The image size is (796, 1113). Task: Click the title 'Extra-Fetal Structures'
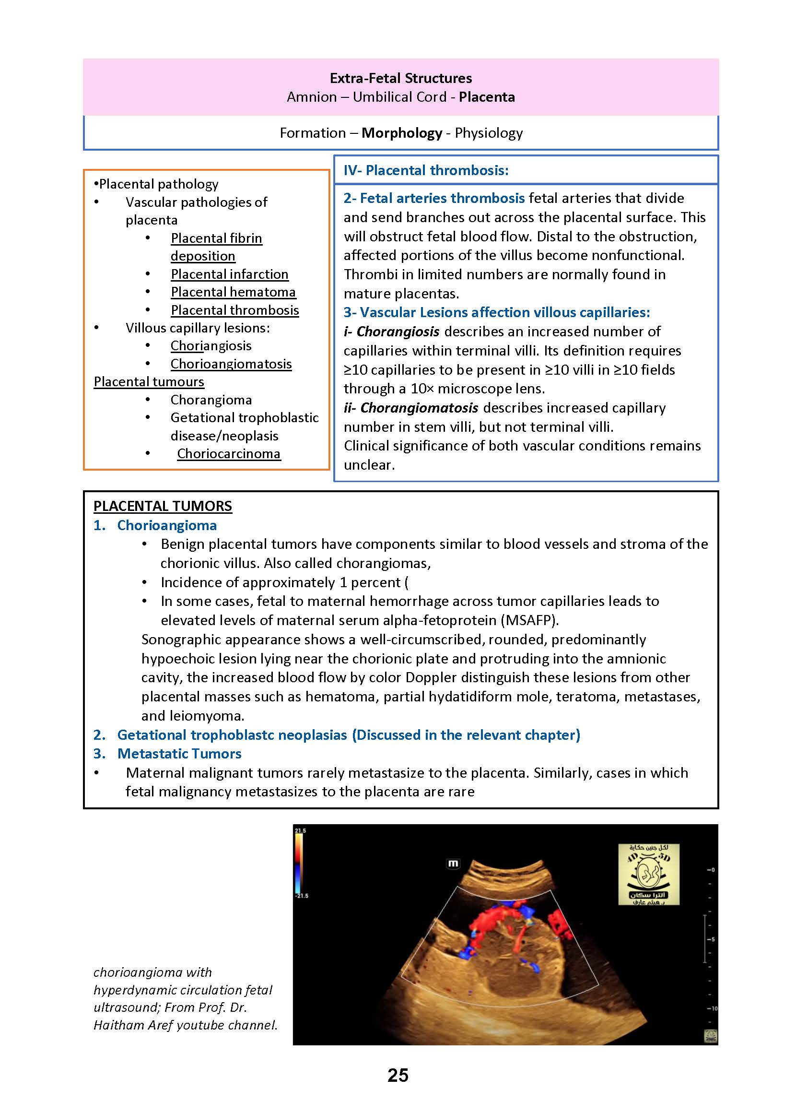point(400,79)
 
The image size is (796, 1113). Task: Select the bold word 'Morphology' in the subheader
point(401,133)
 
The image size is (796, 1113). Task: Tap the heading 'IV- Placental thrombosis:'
point(426,170)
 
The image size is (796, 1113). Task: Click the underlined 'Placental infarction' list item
point(229,274)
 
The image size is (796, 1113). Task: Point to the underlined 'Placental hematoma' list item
point(233,292)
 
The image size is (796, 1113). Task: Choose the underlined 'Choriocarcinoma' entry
point(228,453)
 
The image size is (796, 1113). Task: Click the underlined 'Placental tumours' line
point(149,381)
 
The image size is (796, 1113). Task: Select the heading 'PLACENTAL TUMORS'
point(163,506)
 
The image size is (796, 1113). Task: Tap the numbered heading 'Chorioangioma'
point(167,525)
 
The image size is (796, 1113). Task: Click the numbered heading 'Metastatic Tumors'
point(179,754)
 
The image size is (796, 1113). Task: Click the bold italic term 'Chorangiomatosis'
point(419,408)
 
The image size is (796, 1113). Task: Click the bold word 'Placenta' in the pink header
point(487,97)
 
